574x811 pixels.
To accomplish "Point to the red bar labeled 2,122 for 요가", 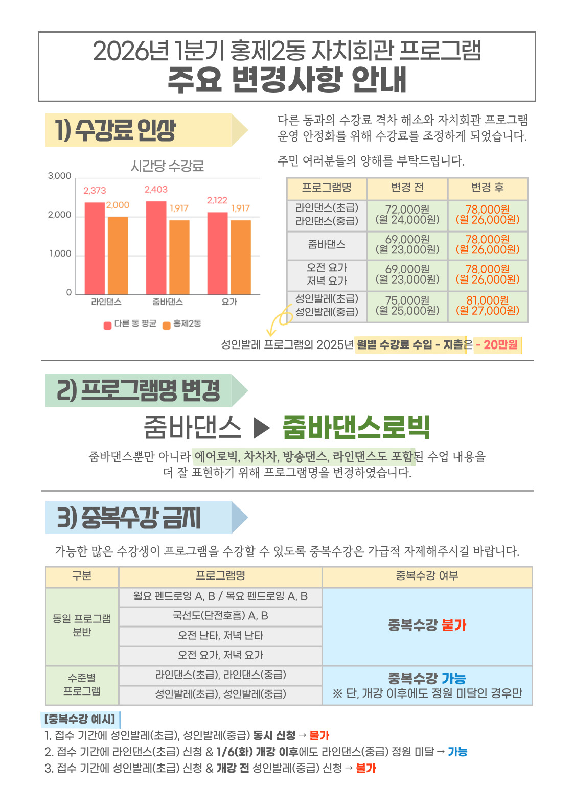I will click(217, 253).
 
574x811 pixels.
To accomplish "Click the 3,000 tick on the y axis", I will click(59, 176).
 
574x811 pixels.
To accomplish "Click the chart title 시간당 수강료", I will click(167, 166).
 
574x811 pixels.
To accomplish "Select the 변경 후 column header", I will click(488, 188).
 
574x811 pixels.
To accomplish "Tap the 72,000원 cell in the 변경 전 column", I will click(407, 215).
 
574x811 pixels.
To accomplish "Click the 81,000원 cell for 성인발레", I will click(488, 306).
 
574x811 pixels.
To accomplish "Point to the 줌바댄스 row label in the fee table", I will click(327, 245).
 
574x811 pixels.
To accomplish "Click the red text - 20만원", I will click(497, 345).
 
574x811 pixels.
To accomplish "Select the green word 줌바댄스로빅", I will click(356, 427).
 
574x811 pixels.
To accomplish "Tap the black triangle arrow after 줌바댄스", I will click(261, 428).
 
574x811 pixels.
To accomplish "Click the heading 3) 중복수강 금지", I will click(129, 518).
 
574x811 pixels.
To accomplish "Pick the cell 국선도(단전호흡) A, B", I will click(220, 616).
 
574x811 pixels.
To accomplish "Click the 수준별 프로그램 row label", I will click(82, 685).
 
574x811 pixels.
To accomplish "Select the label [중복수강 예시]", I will click(80, 720).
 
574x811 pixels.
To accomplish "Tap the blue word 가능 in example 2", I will click(457, 752).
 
